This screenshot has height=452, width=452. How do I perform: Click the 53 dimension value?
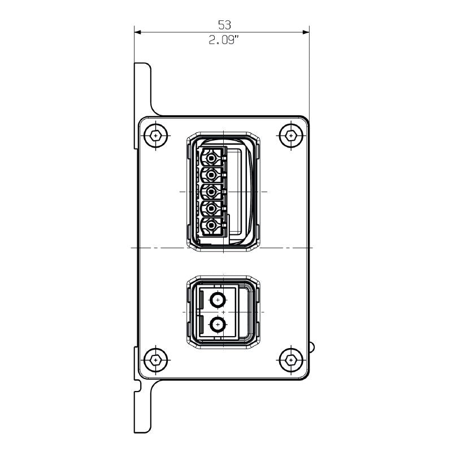(x=225, y=24)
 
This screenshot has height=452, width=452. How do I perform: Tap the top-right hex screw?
(x=290, y=136)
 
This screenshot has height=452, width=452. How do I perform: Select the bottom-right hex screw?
(x=290, y=359)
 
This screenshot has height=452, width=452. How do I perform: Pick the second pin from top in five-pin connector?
(x=211, y=173)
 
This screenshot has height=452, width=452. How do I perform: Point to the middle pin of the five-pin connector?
(x=211, y=192)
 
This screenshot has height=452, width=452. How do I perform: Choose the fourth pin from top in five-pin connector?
(x=211, y=209)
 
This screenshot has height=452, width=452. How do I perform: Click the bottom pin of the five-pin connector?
(x=211, y=227)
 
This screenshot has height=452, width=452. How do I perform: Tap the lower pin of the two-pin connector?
(x=216, y=324)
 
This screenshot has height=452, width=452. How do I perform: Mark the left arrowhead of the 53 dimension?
(x=137, y=32)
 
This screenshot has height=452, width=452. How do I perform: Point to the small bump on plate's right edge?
(x=311, y=346)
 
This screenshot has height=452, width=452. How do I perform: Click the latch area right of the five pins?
(x=240, y=192)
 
